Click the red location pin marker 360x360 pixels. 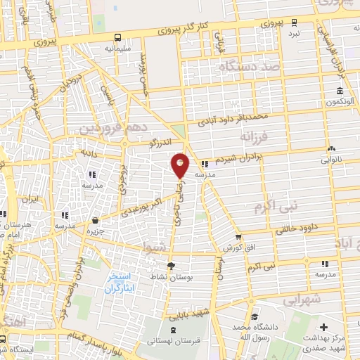click(180, 165)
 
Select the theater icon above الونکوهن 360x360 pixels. click(340, 91)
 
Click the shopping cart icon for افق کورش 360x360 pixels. click(239, 236)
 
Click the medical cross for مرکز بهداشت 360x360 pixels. click(323, 328)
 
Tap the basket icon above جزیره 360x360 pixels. click(95, 220)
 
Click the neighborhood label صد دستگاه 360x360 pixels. click(250, 67)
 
